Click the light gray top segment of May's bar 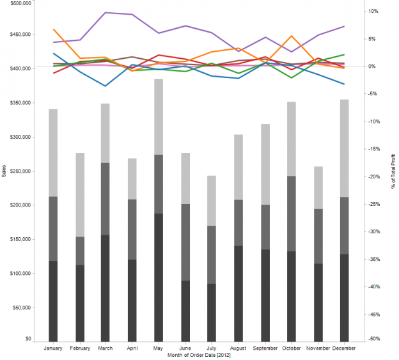(x=158, y=117)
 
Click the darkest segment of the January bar (x=53, y=301)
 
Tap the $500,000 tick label (x=18, y=3)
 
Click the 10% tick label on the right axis (x=374, y=12)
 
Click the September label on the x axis (x=265, y=348)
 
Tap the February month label (x=80, y=348)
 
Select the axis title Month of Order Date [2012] (x=198, y=355)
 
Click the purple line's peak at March (x=106, y=13)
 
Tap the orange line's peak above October (x=292, y=36)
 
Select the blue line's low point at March (x=106, y=86)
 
